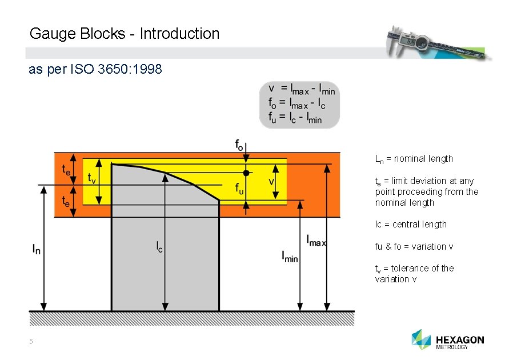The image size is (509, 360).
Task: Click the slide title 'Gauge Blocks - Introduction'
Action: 124,34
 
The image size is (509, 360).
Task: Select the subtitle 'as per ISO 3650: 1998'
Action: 95,70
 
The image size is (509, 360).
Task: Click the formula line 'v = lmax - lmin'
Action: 301,89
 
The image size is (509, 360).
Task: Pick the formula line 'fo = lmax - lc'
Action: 297,103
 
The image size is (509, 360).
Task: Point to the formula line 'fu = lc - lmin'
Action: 295,117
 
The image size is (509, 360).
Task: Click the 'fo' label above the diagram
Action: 241,145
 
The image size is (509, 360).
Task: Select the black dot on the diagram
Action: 246,173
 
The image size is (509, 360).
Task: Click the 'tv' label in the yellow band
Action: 91,179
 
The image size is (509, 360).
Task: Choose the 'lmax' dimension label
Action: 316,240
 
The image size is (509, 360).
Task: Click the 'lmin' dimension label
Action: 290,257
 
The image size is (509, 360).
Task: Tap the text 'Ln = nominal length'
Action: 414,159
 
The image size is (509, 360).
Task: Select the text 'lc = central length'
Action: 411,225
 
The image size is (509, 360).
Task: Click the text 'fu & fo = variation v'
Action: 414,246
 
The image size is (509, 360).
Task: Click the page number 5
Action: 32,342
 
